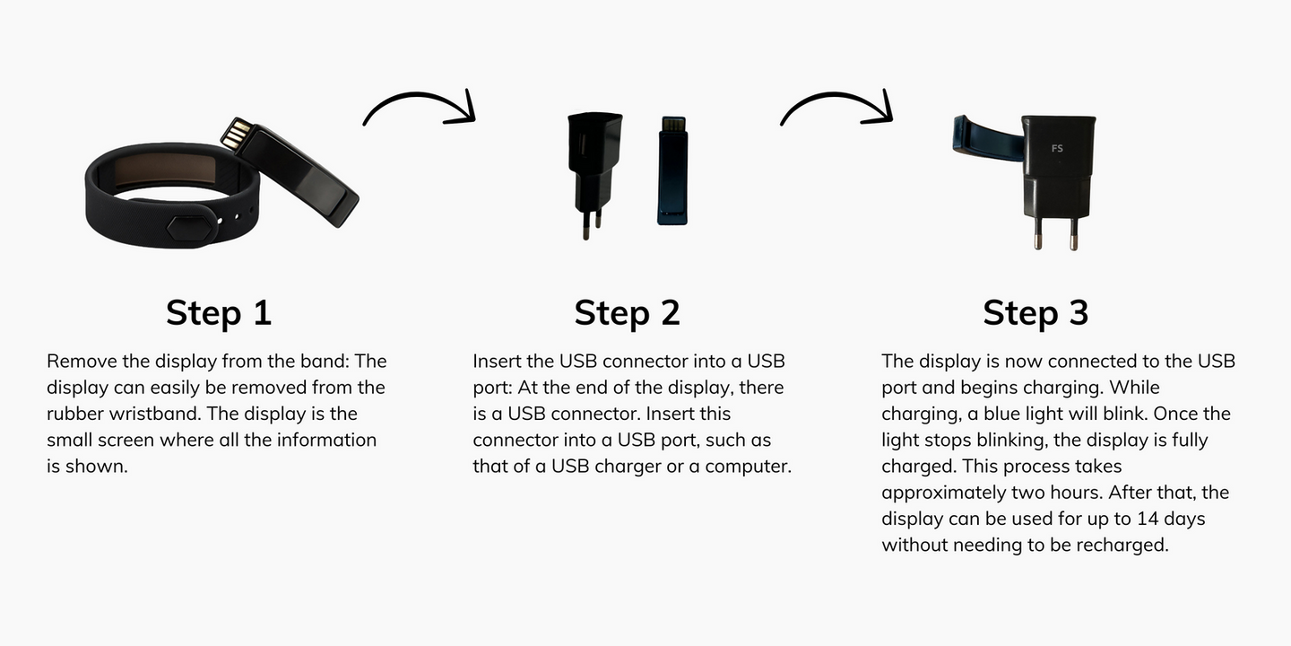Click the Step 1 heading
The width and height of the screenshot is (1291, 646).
pos(219,312)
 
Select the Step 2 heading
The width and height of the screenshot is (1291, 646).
pos(627,312)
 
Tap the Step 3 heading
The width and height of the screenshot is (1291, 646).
pos(1035,312)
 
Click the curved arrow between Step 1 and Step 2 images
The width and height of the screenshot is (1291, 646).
pos(420,96)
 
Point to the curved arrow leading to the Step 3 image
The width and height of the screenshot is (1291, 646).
pos(836,96)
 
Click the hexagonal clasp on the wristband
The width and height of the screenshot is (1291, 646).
pos(188,227)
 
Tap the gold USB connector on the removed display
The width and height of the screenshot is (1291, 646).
pos(237,135)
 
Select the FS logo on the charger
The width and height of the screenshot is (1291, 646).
pos(1057,148)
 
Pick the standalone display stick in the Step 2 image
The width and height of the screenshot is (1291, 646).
pos(672,170)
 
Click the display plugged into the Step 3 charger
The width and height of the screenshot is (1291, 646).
pos(988,137)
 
